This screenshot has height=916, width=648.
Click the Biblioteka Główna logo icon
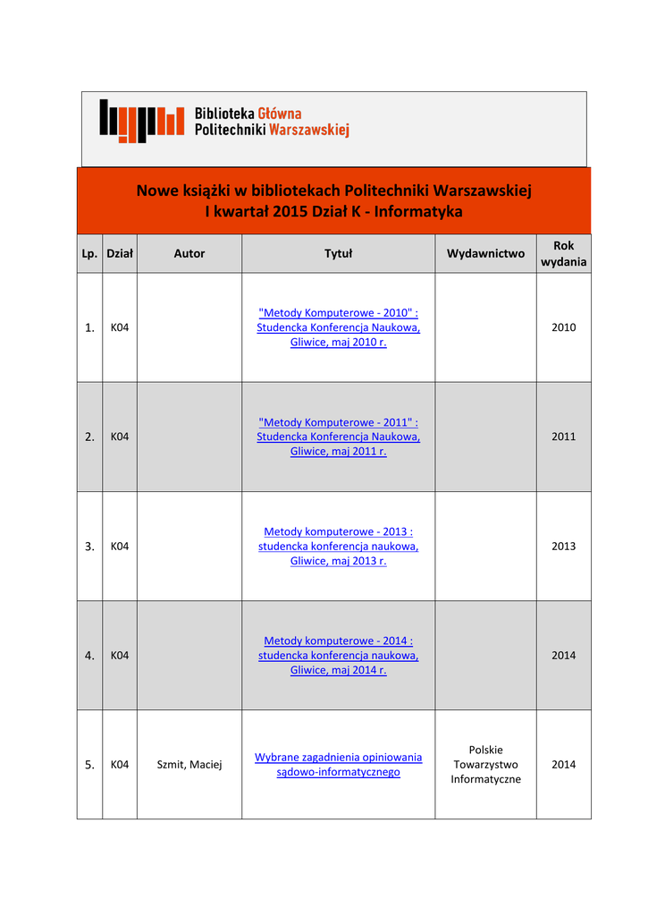tap(141, 121)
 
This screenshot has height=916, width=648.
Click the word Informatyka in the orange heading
tap(421, 212)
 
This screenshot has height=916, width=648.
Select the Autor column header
tap(189, 254)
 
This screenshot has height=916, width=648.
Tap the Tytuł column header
tap(338, 254)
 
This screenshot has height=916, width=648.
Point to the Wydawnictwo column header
tap(485, 254)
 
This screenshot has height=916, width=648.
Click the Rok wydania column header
tap(563, 254)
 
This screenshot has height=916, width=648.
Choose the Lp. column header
tap(89, 254)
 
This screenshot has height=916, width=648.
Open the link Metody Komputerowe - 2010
tap(338, 313)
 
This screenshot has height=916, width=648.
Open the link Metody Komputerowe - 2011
tap(338, 422)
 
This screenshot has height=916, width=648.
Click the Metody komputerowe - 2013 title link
tap(338, 531)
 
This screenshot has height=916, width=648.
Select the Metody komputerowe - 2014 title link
tap(338, 640)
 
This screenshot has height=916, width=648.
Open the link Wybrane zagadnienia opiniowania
tap(338, 757)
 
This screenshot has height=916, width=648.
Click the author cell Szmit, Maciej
tap(189, 765)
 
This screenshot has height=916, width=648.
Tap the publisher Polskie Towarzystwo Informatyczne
tap(485, 765)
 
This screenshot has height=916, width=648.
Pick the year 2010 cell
tap(563, 327)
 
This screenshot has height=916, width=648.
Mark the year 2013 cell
tap(563, 546)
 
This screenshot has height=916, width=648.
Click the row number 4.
tap(89, 656)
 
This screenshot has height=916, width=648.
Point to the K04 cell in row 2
tap(120, 437)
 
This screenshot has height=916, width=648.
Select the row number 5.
tap(89, 765)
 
